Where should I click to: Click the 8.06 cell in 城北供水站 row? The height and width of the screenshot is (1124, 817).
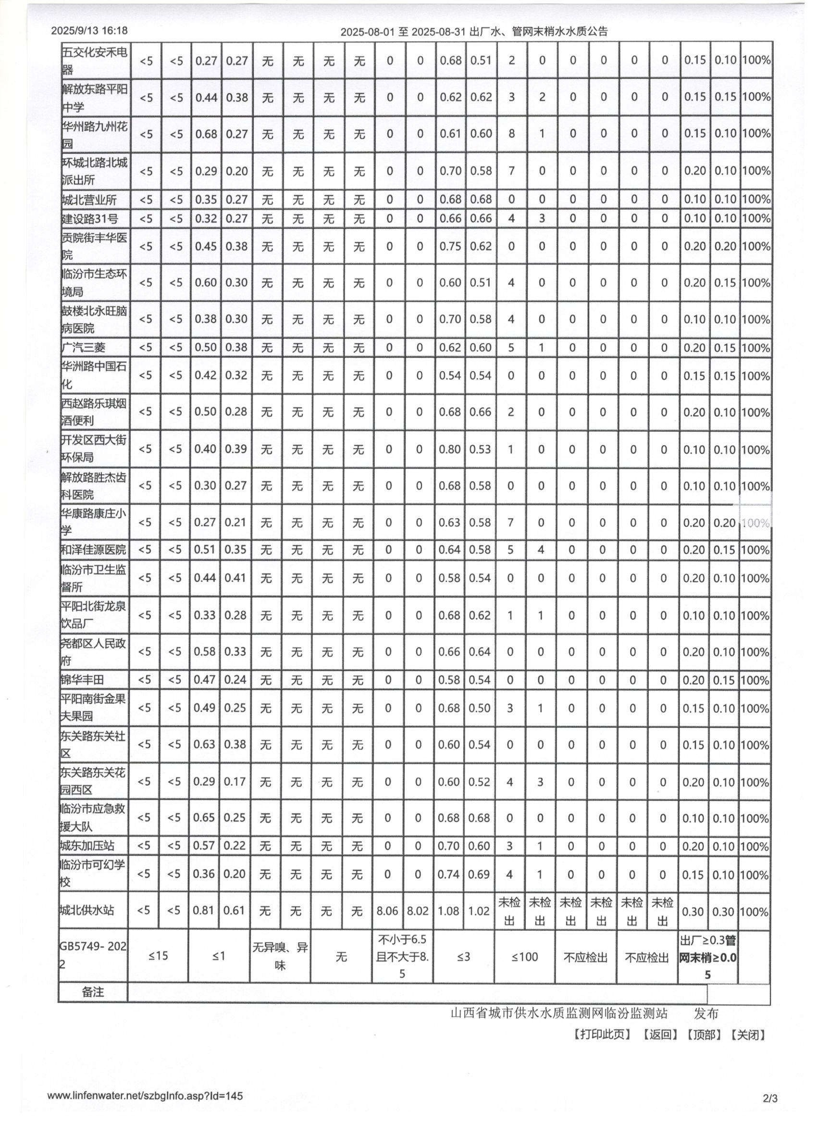click(x=387, y=911)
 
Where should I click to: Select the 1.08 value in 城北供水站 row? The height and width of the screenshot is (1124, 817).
click(x=448, y=911)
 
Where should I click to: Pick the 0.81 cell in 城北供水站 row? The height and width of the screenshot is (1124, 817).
click(x=204, y=911)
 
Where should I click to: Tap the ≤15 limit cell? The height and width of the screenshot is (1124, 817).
click(x=158, y=956)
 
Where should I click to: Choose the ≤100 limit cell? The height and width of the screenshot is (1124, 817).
click(x=524, y=957)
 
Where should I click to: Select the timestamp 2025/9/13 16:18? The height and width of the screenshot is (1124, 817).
click(x=89, y=31)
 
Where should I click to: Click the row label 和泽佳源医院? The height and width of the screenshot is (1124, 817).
click(x=93, y=549)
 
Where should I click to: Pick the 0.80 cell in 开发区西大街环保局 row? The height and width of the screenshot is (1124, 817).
click(x=449, y=449)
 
